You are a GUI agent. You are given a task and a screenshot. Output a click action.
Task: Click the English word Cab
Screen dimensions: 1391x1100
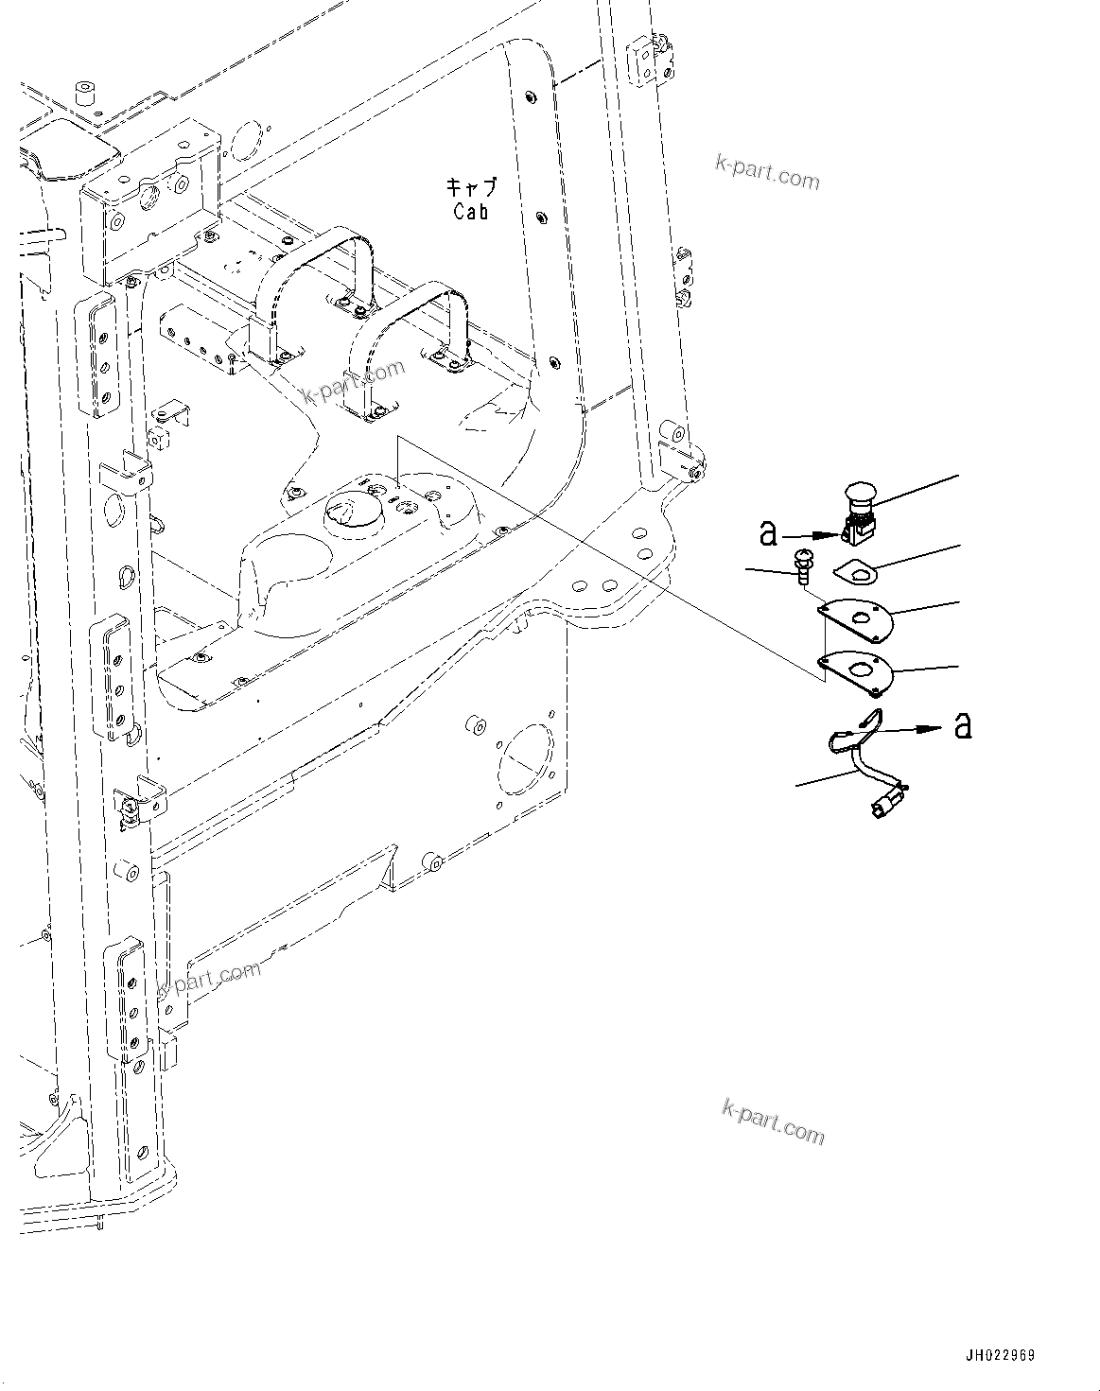[x=470, y=212]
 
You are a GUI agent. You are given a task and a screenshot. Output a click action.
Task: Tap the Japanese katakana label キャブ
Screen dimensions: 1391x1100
[x=470, y=186]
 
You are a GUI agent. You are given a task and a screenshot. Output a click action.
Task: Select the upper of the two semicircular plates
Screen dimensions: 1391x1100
[x=857, y=618]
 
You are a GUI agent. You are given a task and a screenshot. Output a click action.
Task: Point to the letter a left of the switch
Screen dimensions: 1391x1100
[x=769, y=533]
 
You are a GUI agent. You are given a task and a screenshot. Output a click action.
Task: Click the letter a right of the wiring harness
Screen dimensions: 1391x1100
[x=963, y=726]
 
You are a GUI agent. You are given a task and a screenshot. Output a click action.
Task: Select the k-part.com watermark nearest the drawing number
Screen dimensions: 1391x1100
[x=773, y=1121]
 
